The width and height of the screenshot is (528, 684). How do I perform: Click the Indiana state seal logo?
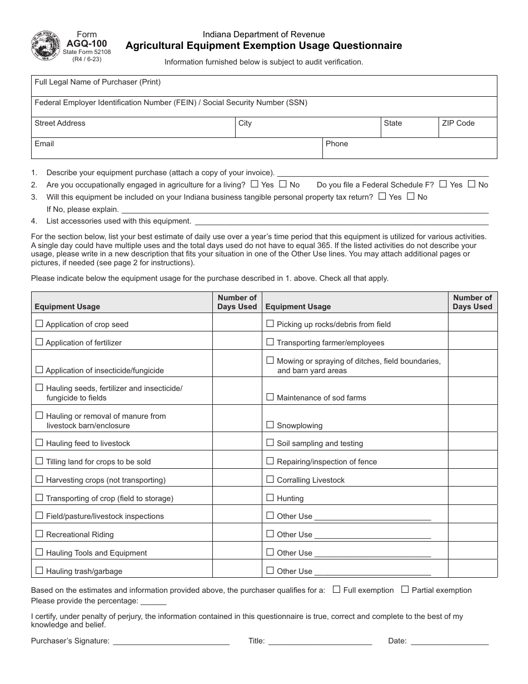pyautogui.click(x=46, y=46)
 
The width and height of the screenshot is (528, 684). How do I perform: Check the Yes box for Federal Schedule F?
pyautogui.click(x=443, y=184)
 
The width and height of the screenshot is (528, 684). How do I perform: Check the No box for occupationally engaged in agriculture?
pyautogui.click(x=283, y=184)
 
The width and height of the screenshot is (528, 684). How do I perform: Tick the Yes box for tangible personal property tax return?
pyautogui.click(x=382, y=196)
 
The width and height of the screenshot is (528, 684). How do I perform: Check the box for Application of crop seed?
pyautogui.click(x=39, y=324)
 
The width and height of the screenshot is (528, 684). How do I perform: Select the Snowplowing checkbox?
pyautogui.click(x=270, y=425)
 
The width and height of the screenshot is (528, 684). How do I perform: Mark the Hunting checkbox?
pyautogui.click(x=270, y=498)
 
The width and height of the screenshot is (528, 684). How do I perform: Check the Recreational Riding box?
pyautogui.click(x=39, y=534)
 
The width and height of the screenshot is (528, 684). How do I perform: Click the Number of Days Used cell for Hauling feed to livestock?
pyautogui.click(x=237, y=443)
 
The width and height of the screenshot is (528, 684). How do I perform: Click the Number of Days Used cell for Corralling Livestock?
pyautogui.click(x=472, y=479)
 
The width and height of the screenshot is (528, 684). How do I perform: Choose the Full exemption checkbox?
pyautogui.click(x=336, y=589)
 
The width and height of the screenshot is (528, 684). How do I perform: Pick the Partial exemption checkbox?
pyautogui.click(x=405, y=589)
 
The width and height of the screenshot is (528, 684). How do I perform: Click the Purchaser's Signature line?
pyautogui.click(x=171, y=641)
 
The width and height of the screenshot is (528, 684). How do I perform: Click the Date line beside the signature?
pyautogui.click(x=449, y=641)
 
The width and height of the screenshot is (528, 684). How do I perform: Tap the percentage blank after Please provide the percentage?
pyautogui.click(x=153, y=601)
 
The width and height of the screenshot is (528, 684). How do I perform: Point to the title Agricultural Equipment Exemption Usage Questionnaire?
pyautogui.click(x=263, y=46)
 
